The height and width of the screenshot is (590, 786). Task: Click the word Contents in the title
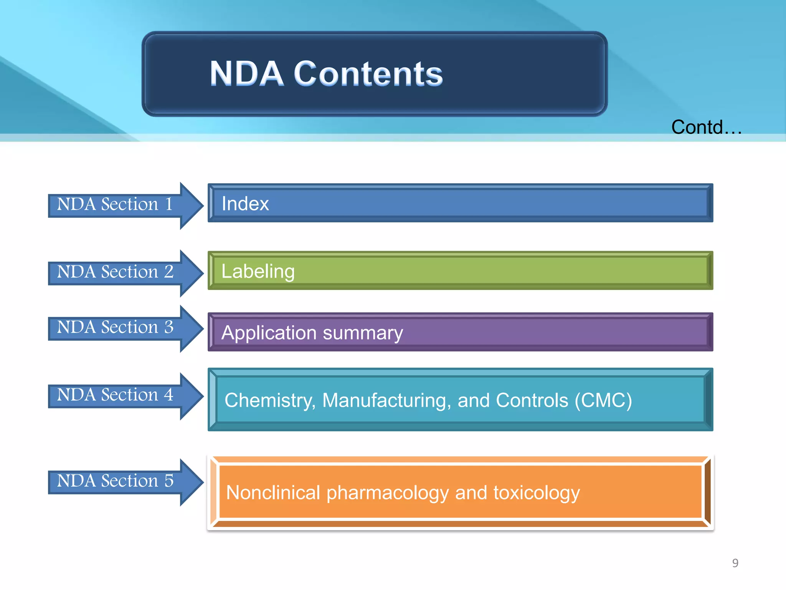click(368, 74)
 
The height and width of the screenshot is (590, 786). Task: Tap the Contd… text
click(706, 127)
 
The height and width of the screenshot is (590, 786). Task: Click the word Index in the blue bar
click(245, 204)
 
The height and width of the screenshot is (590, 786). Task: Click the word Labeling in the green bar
click(258, 272)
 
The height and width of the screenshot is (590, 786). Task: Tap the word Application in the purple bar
click(269, 333)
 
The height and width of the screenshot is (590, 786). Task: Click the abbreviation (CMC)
click(603, 401)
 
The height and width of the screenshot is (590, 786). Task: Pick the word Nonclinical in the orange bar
click(273, 493)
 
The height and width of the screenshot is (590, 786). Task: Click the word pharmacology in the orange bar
click(387, 493)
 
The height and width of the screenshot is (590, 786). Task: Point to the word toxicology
click(537, 493)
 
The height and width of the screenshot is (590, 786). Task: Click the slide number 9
click(735, 563)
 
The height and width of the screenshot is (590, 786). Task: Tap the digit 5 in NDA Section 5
click(169, 481)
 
